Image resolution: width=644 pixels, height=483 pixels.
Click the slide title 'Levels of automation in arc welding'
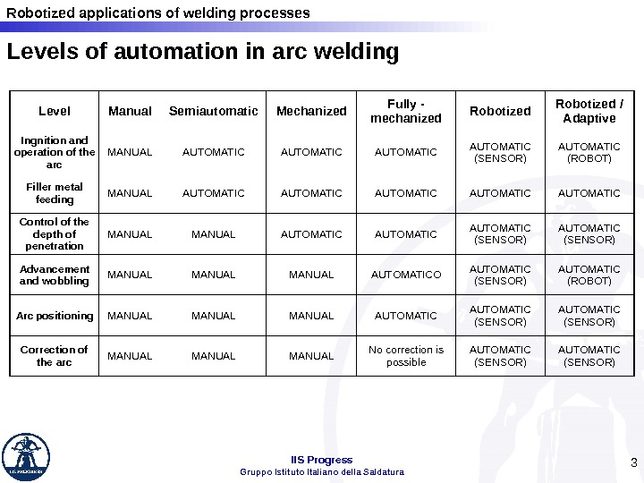pyautogui.click(x=202, y=54)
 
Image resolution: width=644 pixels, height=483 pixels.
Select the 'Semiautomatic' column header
pyautogui.click(x=213, y=111)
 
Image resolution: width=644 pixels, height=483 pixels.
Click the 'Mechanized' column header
pyautogui.click(x=311, y=111)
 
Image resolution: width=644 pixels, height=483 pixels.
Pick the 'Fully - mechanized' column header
pyautogui.click(x=405, y=111)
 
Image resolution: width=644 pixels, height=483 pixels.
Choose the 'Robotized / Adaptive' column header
pyautogui.click(x=586, y=111)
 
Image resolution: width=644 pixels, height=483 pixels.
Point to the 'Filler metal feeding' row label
pyautogui.click(x=55, y=192)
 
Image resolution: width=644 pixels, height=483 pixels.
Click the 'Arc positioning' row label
pyautogui.click(x=55, y=315)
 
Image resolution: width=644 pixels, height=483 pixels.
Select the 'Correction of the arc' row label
pyautogui.click(x=55, y=355)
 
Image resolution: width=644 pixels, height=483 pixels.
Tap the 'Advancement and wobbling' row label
pyautogui.click(x=55, y=275)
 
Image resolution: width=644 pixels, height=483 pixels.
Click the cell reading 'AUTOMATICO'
pyautogui.click(x=406, y=275)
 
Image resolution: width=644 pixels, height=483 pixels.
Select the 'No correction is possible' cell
pyautogui.click(x=406, y=355)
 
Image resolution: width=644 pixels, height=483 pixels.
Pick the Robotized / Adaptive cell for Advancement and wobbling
pyautogui.click(x=586, y=275)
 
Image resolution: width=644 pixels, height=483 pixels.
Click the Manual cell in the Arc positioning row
pyautogui.click(x=130, y=315)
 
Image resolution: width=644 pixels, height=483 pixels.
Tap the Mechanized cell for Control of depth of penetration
pyautogui.click(x=311, y=234)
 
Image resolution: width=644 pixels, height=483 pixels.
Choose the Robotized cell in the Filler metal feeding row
pyautogui.click(x=500, y=192)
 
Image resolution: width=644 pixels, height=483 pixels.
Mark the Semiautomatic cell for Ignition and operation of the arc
pyautogui.click(x=213, y=152)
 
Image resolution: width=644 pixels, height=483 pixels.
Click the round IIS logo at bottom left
pyautogui.click(x=26, y=457)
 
